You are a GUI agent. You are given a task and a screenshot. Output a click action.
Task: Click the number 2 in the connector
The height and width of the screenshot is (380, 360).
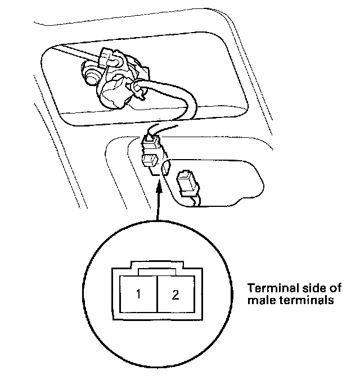tap(175, 295)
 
